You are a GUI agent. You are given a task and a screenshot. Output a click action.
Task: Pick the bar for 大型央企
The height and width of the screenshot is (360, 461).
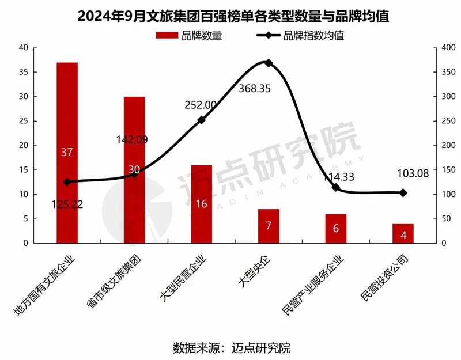click(269, 226)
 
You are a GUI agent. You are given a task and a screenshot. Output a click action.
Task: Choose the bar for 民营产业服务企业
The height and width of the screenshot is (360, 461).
click(336, 228)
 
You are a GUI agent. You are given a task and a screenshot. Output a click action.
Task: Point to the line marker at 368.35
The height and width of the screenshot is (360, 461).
click(269, 63)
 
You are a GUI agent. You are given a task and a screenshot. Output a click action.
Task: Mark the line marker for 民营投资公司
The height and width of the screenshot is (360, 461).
click(403, 193)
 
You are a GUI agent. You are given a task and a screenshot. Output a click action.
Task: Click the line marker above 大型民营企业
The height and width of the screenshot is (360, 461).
click(201, 120)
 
